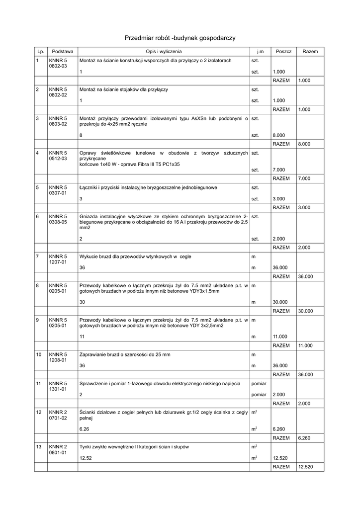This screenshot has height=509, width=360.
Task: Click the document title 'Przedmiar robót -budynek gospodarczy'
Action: (x=180, y=38)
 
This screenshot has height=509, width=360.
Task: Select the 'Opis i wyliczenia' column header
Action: (x=164, y=51)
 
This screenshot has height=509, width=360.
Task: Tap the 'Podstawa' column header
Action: (x=63, y=51)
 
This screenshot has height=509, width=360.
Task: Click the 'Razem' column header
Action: (x=310, y=51)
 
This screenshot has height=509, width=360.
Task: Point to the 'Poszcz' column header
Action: (x=283, y=51)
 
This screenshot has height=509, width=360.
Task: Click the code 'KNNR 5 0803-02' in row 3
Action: (x=58, y=121)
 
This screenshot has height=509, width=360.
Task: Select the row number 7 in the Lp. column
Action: (x=37, y=256)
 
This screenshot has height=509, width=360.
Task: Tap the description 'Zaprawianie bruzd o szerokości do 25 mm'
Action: (x=125, y=354)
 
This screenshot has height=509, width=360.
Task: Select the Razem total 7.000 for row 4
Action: (x=304, y=178)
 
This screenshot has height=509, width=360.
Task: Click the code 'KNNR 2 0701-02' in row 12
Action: (x=58, y=415)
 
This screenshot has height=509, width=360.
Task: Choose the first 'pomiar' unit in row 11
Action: (x=259, y=384)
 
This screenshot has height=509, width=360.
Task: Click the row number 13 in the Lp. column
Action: (x=38, y=446)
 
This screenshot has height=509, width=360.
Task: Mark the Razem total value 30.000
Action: (x=305, y=311)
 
